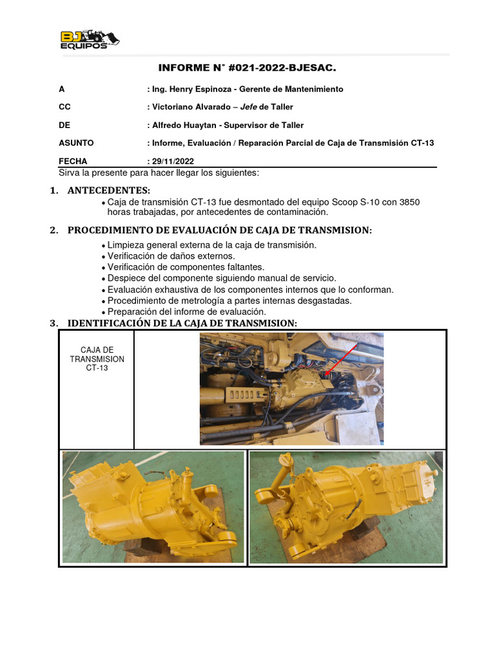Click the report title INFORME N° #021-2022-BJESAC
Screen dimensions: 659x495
point(247,68)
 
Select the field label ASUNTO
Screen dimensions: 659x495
point(75,143)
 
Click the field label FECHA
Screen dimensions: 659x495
point(72,162)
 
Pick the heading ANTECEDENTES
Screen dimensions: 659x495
point(108,190)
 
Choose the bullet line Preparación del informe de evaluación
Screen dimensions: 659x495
point(186,311)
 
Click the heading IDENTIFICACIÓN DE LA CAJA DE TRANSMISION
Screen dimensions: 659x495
point(182,323)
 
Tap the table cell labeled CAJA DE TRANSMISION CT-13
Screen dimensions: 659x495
point(97,359)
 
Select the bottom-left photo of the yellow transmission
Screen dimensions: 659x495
point(153,507)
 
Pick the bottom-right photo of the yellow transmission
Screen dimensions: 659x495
point(346,507)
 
